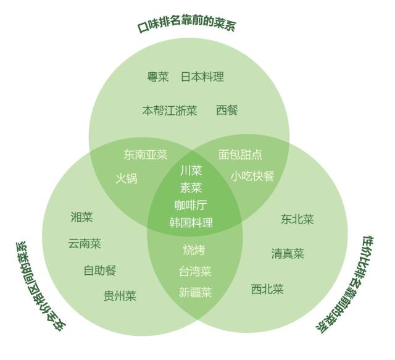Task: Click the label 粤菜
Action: (x=157, y=77)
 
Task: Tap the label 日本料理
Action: (x=202, y=77)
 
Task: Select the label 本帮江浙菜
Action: (x=170, y=111)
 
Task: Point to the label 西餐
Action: (x=227, y=111)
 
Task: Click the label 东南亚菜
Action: (x=145, y=154)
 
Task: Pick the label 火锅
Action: (x=127, y=178)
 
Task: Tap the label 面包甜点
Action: (x=240, y=154)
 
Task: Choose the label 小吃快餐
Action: (x=252, y=176)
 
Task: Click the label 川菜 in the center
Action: (x=191, y=170)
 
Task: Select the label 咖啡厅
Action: (x=191, y=205)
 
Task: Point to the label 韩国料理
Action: (x=191, y=223)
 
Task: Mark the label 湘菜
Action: (x=81, y=217)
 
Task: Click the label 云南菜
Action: (x=85, y=244)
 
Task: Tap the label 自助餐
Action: (x=99, y=270)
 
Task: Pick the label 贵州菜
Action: (x=120, y=296)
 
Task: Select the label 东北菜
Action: (x=297, y=219)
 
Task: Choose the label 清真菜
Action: (x=288, y=253)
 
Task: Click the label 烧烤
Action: (x=194, y=250)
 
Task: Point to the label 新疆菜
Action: (x=195, y=292)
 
